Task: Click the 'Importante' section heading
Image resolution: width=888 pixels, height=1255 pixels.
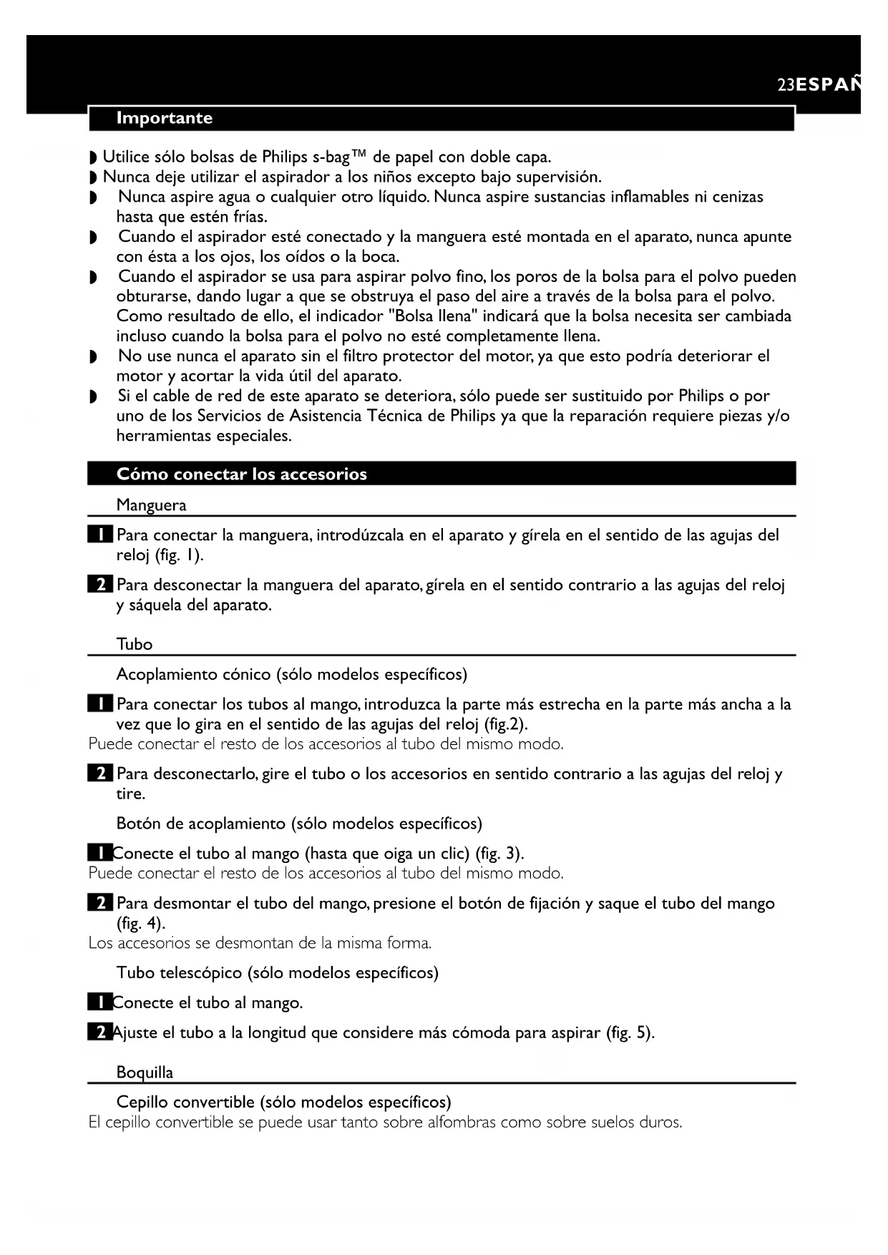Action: click(x=164, y=118)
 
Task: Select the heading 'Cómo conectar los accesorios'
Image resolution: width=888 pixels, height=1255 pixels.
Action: click(x=241, y=474)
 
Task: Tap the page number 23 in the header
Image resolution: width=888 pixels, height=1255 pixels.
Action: click(x=786, y=85)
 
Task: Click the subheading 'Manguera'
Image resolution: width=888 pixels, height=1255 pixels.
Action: click(x=151, y=506)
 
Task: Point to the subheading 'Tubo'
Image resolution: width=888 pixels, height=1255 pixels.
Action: click(x=135, y=645)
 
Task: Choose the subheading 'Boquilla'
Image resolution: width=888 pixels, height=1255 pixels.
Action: click(x=145, y=1073)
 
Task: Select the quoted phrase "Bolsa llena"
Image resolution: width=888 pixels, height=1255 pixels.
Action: click(x=433, y=316)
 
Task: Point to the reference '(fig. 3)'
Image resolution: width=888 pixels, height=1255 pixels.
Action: click(x=499, y=854)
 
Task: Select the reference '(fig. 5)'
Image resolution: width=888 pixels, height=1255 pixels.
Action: click(x=630, y=1033)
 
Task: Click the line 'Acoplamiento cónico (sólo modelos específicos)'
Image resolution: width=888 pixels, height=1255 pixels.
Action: click(x=291, y=675)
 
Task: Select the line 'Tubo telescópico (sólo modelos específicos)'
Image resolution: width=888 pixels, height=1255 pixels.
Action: click(x=277, y=973)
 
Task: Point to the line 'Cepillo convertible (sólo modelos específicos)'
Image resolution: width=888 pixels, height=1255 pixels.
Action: click(x=283, y=1102)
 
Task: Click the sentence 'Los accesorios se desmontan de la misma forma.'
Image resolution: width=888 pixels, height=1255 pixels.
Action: click(x=260, y=943)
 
